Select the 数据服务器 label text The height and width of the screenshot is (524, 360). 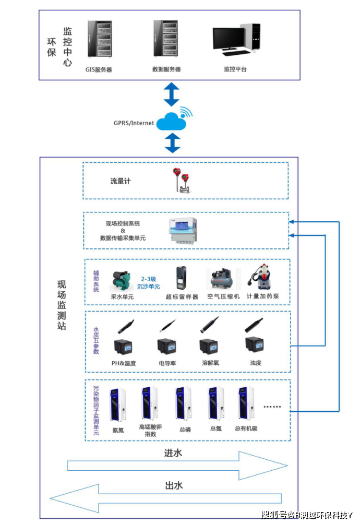click(x=166, y=69)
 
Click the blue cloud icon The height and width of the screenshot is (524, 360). click(x=172, y=122)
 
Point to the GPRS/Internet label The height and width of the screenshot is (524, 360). click(x=134, y=123)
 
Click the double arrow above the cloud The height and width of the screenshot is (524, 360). click(x=172, y=94)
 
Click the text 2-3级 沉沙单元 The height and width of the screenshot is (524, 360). click(x=148, y=282)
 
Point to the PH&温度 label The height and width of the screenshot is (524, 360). click(x=124, y=363)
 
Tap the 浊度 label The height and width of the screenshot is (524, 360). click(x=255, y=362)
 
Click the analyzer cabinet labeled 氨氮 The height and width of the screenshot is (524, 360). click(x=117, y=404)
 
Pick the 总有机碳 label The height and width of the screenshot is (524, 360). click(x=246, y=429)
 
